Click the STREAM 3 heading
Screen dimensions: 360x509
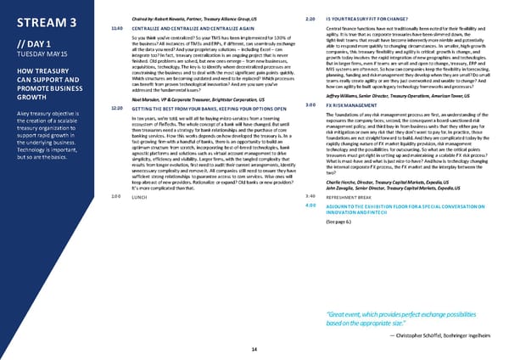43,20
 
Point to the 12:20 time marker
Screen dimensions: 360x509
117,132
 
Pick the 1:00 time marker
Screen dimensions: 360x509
116,244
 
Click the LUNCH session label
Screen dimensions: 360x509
142,244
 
